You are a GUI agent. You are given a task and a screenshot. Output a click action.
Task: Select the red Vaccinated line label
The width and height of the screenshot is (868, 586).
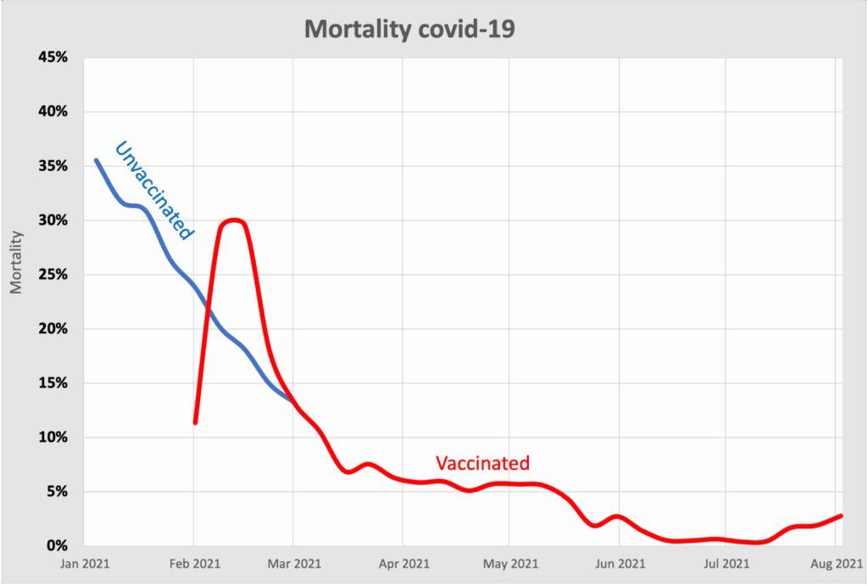482,463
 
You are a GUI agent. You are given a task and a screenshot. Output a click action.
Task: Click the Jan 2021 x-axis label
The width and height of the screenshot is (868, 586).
86,563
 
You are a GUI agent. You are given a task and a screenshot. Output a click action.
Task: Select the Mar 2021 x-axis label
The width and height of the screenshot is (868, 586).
293,563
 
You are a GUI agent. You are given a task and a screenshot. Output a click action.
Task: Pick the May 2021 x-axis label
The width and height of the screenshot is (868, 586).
509,563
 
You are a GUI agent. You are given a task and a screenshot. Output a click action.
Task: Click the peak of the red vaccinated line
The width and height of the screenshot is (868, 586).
233,220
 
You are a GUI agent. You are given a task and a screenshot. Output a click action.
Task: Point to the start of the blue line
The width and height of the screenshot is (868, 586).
96,159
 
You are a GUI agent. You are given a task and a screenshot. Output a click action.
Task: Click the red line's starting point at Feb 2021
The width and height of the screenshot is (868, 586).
195,421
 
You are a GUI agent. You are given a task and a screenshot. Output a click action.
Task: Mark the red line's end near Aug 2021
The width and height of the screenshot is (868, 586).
841,516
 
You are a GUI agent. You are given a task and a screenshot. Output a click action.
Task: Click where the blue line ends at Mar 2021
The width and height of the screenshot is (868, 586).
292,400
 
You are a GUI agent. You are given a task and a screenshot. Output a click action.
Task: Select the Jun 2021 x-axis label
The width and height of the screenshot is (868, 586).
619,563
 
